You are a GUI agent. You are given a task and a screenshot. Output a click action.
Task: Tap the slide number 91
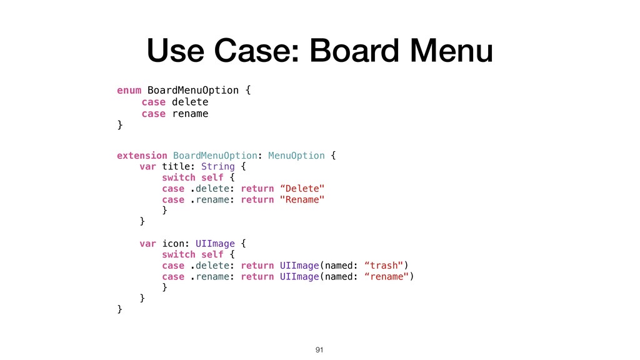(320, 348)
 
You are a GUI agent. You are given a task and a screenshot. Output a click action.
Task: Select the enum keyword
(129, 90)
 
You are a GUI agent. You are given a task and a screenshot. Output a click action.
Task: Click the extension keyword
(142, 155)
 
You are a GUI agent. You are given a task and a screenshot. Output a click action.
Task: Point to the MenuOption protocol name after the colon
(296, 155)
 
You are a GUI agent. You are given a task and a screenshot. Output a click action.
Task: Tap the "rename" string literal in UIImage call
(388, 276)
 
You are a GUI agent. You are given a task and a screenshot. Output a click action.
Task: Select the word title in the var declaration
(178, 166)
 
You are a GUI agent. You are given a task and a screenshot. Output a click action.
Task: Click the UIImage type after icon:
(215, 243)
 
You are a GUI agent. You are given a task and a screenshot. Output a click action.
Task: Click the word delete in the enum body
(190, 102)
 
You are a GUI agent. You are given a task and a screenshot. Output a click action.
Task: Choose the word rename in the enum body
(190, 114)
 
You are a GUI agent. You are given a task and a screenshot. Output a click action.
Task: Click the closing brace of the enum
(120, 125)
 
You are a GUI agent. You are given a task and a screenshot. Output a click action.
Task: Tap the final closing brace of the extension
(120, 309)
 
